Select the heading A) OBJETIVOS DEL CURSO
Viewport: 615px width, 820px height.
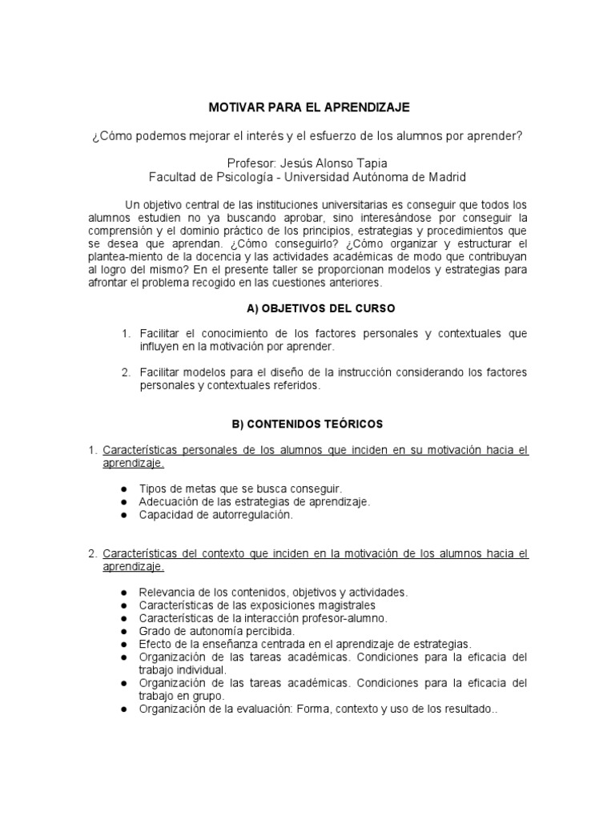click(307, 308)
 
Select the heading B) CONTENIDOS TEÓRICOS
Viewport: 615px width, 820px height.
click(307, 424)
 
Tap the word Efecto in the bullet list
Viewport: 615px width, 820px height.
click(155, 644)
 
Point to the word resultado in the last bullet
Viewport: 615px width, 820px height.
click(470, 709)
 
